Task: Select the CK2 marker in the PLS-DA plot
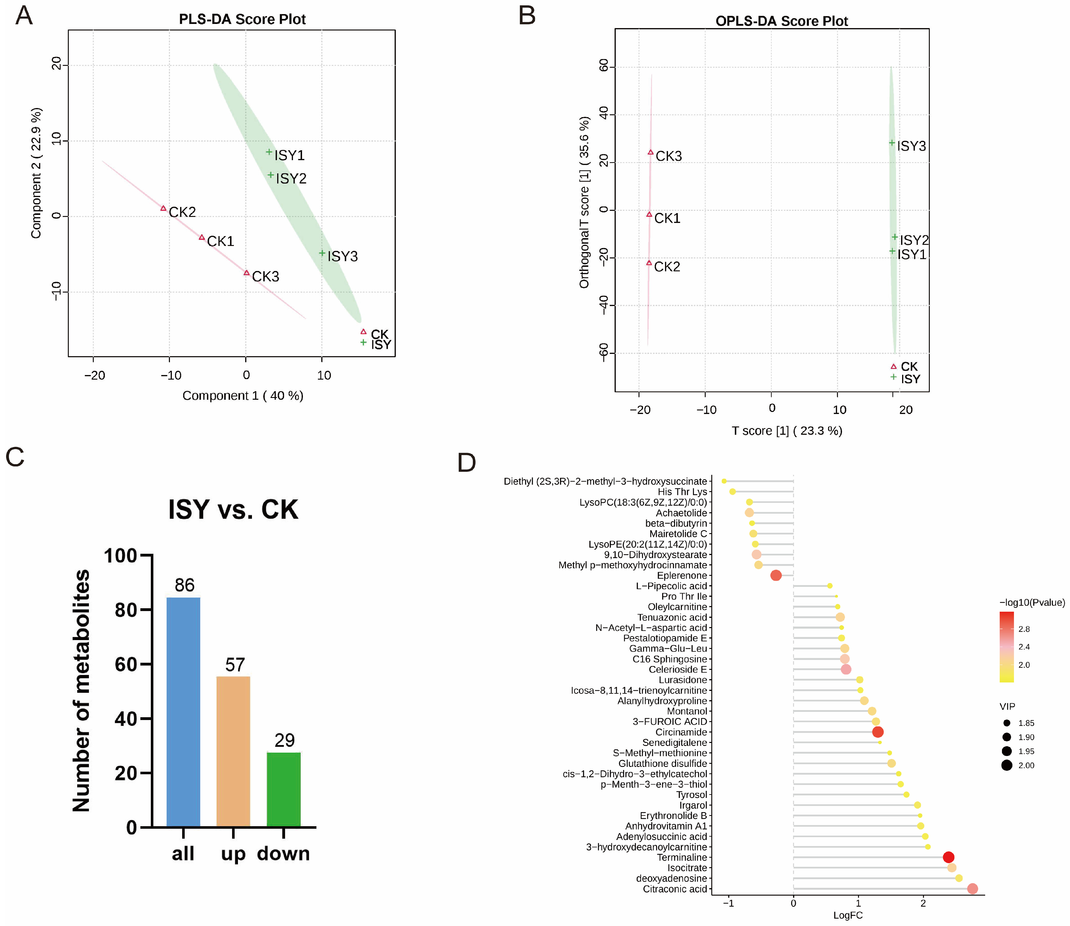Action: (163, 208)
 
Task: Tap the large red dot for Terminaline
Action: (948, 857)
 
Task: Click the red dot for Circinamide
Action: (878, 732)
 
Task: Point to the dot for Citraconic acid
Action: (972, 889)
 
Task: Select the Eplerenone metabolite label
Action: (681, 576)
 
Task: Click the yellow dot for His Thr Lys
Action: (732, 491)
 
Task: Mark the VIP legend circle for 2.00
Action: (1006, 765)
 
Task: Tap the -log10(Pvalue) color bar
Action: (1006, 647)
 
